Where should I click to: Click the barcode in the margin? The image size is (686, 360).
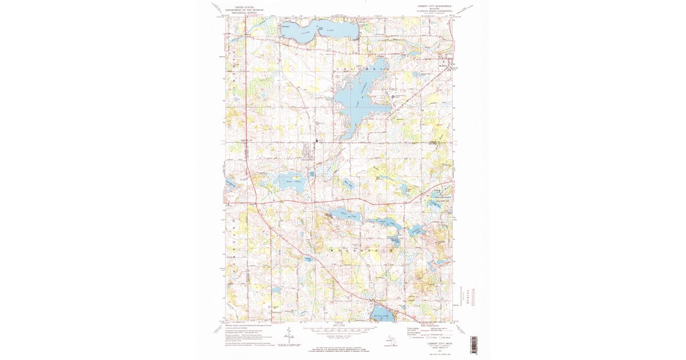(473, 344)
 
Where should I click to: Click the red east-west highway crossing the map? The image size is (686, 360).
(343, 201)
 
